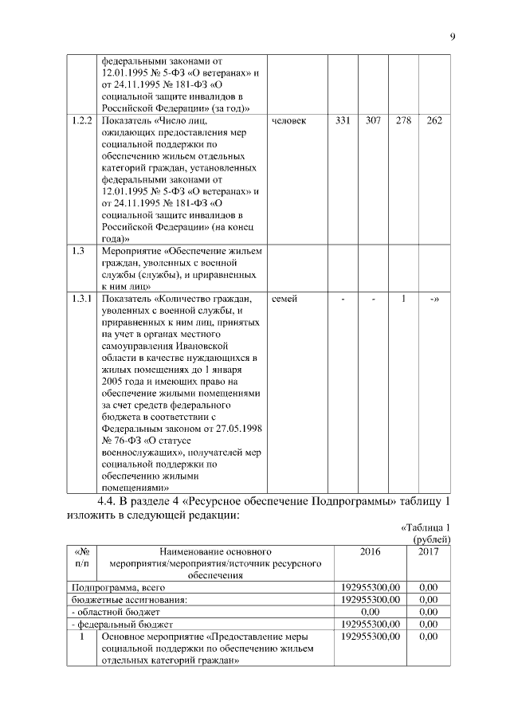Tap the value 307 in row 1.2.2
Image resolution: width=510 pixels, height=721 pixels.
(373, 120)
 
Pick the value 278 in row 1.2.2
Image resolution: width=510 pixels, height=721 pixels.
(404, 120)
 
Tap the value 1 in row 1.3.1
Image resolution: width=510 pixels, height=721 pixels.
(404, 299)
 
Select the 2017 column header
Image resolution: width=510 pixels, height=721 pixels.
(429, 551)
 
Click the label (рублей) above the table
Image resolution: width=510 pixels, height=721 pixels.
(433, 539)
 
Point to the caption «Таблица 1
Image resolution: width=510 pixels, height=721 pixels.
(424, 527)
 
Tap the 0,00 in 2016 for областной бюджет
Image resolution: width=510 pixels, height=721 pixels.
(371, 611)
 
